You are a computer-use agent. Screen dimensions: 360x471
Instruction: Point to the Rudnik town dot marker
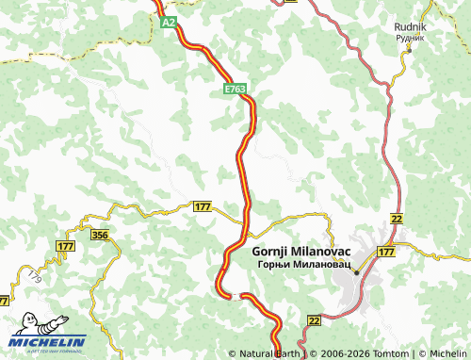(x=409, y=51)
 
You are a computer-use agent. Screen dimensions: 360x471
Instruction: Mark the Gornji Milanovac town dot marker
(x=356, y=273)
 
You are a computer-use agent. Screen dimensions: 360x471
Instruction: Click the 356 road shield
(x=101, y=235)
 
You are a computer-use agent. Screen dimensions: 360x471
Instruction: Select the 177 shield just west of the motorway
(x=203, y=206)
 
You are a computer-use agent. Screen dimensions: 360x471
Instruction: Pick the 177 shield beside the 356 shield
(x=65, y=246)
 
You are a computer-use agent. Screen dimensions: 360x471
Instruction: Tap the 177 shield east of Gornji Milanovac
(x=386, y=253)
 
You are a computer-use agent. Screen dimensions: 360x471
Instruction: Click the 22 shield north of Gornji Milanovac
(x=397, y=219)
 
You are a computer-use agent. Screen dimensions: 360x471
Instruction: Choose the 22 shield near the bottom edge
(x=314, y=321)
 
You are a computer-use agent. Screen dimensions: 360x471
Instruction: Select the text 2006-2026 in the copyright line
(x=338, y=352)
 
